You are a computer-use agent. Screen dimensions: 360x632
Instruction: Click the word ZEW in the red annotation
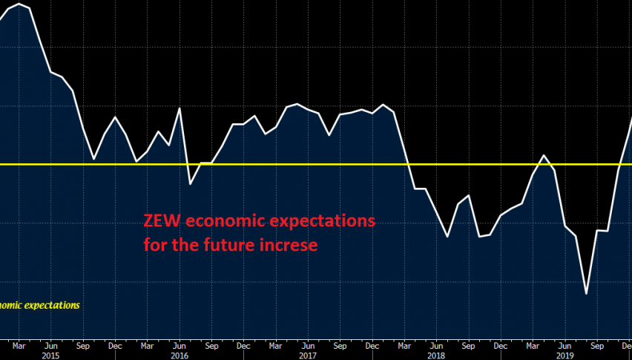tap(161, 221)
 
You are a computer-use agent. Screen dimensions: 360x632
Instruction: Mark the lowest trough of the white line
tap(586, 293)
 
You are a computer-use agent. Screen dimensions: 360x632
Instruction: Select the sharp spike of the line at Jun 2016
tap(180, 108)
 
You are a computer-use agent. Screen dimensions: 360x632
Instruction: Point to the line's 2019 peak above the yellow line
tap(544, 155)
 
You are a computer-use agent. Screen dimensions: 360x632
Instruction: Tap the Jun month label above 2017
tap(307, 345)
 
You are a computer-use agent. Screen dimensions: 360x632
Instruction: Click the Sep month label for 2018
tap(468, 345)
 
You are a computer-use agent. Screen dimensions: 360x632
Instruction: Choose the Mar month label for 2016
tap(147, 345)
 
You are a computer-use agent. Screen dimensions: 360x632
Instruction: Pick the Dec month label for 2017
tap(372, 345)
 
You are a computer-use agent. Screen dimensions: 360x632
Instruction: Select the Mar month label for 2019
tap(533, 345)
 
